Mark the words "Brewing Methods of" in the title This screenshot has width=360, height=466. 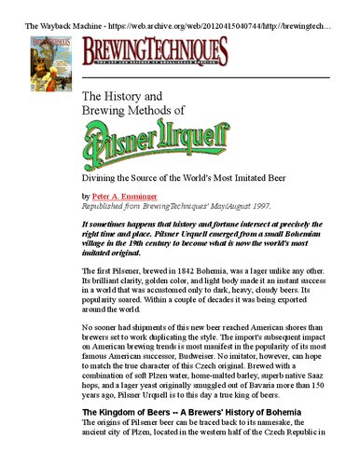[134, 111]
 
